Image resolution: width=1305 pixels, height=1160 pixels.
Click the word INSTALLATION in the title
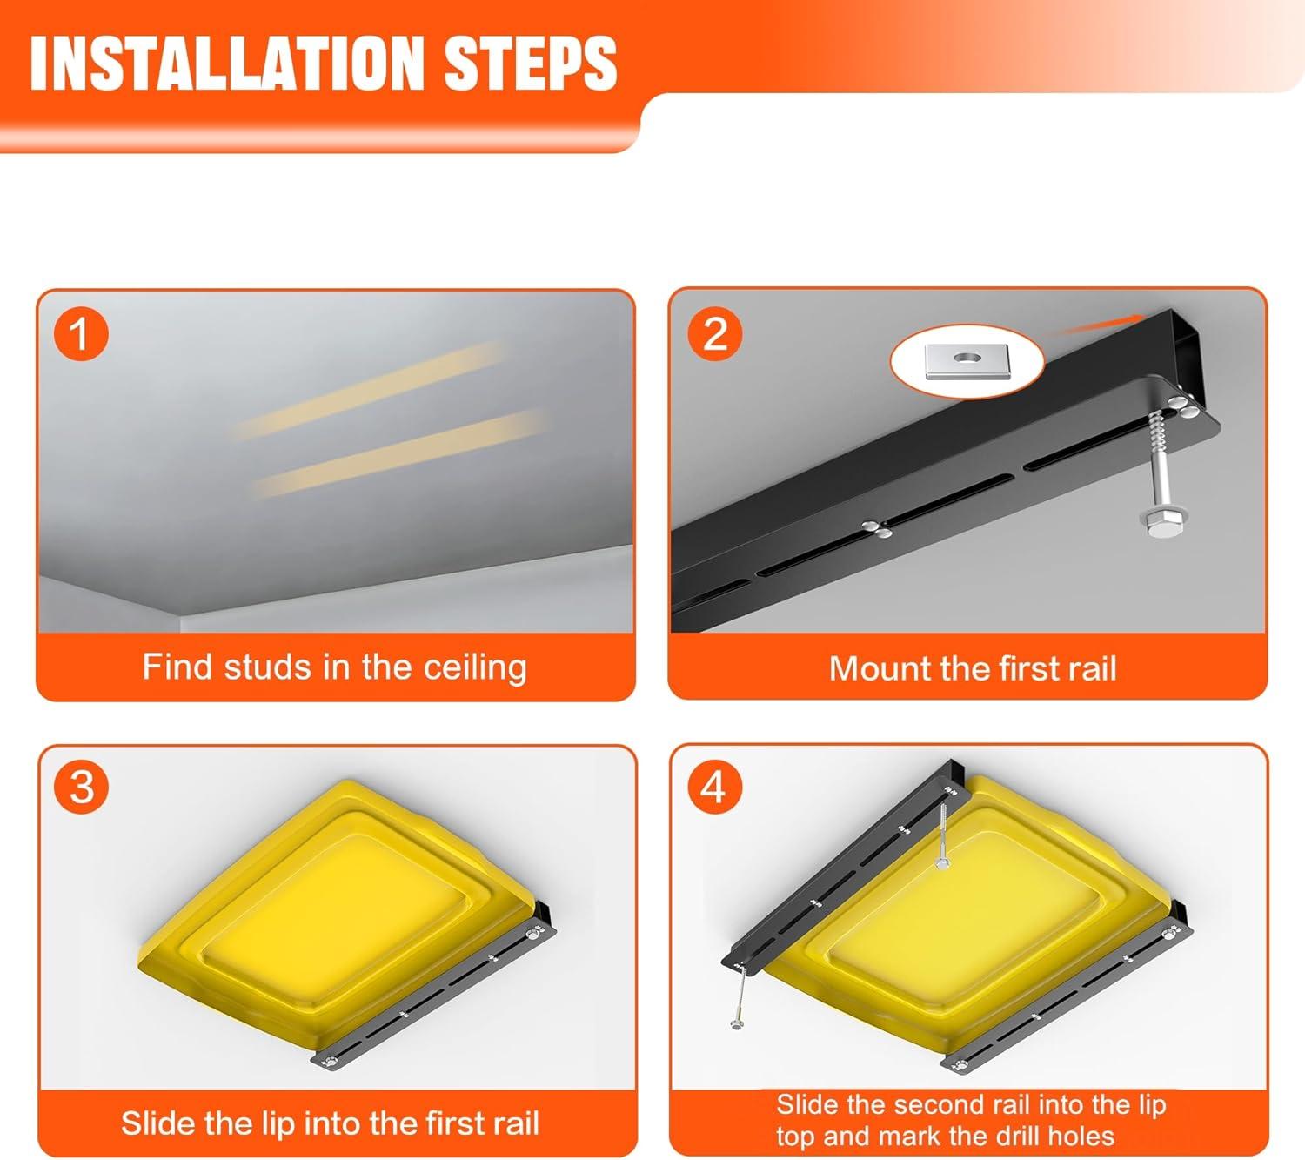point(227,63)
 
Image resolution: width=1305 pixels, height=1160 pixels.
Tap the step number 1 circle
point(81,334)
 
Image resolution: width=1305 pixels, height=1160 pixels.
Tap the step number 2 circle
point(715,334)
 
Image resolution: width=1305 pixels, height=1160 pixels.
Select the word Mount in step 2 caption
point(880,668)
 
